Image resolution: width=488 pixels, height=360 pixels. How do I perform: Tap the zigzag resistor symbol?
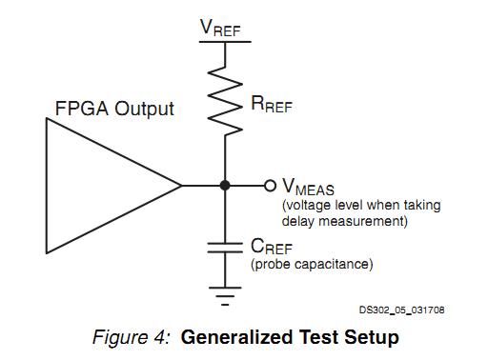pyautogui.click(x=225, y=99)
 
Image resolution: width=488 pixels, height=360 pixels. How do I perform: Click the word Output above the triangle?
pyautogui.click(x=144, y=109)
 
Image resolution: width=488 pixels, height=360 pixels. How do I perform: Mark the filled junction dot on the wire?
pyautogui.click(x=225, y=186)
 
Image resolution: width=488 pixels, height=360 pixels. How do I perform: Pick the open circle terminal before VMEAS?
pyautogui.click(x=271, y=186)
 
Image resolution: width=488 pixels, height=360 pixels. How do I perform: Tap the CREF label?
pyautogui.click(x=272, y=247)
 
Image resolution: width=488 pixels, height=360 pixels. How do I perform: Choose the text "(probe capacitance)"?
pyautogui.click(x=312, y=264)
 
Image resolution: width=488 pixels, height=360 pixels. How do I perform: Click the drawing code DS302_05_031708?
pyautogui.click(x=401, y=310)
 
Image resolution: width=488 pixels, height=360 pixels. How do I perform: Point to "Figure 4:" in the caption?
pyautogui.click(x=132, y=337)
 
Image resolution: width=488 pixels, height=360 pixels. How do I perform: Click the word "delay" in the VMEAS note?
pyautogui.click(x=299, y=222)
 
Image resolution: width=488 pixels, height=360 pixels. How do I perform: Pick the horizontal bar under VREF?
pyautogui.click(x=225, y=42)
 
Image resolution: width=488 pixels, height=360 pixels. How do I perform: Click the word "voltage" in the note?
pyautogui.click(x=310, y=206)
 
